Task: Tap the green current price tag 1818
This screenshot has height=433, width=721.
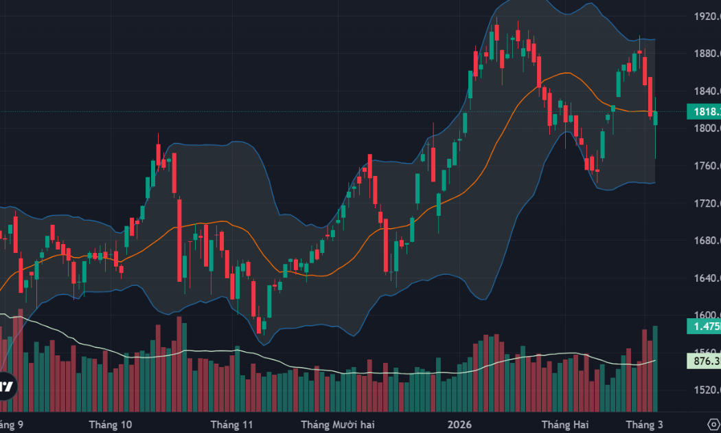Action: (x=703, y=111)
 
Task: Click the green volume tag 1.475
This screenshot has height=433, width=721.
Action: (x=703, y=327)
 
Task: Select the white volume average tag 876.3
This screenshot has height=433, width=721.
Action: (x=703, y=360)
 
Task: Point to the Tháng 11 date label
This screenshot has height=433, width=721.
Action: (x=232, y=424)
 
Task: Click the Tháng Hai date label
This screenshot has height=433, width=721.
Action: (x=562, y=424)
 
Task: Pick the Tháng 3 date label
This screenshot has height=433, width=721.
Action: (x=643, y=424)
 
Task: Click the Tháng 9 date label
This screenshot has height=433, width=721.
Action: (x=12, y=424)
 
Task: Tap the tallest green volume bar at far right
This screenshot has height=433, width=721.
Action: (x=655, y=368)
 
